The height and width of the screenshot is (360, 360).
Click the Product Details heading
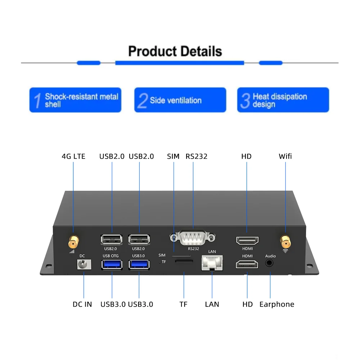(x=175, y=51)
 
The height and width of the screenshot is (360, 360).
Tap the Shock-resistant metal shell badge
(x=75, y=100)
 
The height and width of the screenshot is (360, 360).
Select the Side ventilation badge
(x=180, y=100)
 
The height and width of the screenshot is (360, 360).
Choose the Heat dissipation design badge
(x=283, y=100)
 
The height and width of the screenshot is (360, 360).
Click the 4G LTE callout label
(x=73, y=156)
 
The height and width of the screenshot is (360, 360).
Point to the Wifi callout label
(x=285, y=156)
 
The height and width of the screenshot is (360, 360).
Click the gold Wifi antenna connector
(x=285, y=240)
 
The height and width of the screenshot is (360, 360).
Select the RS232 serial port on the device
(x=193, y=238)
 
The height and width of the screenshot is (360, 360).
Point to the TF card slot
(x=184, y=262)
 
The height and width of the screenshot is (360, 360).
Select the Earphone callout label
(x=276, y=304)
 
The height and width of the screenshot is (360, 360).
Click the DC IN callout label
(x=82, y=304)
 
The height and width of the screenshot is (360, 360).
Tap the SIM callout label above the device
(x=173, y=156)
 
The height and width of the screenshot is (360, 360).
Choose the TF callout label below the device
(x=184, y=304)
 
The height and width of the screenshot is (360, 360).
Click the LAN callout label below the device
(x=212, y=304)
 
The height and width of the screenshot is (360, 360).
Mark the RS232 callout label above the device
(x=197, y=156)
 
